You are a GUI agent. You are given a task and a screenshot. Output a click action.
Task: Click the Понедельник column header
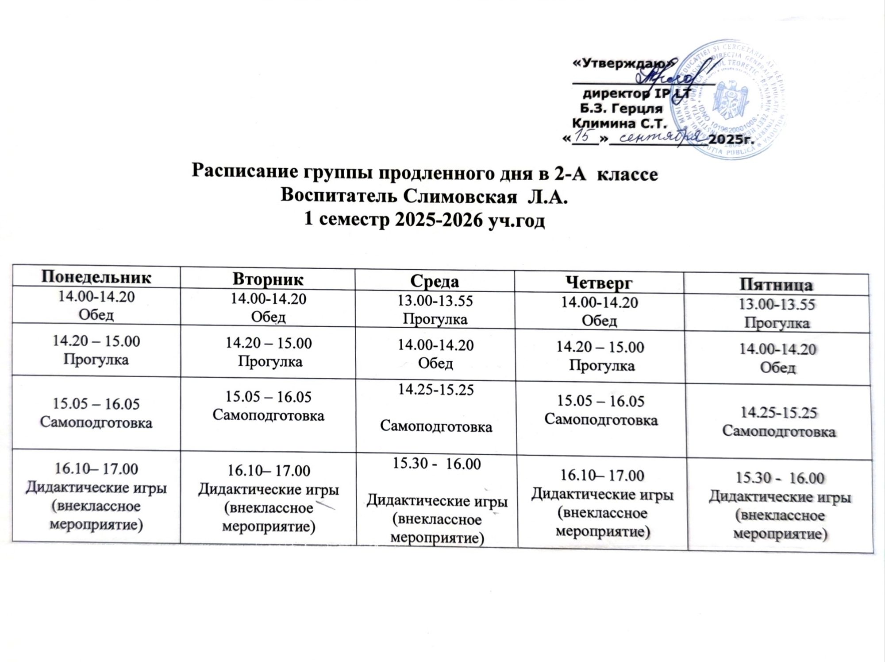point(96,277)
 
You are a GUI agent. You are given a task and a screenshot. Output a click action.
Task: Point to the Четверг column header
point(600,283)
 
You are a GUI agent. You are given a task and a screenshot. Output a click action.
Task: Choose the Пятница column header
point(777,285)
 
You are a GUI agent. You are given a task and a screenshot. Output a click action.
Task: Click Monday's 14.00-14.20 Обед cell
point(96,306)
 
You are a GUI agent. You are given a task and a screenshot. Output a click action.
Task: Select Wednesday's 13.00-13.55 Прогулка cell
point(435,310)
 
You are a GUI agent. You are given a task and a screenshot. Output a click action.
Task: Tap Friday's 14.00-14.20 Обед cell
point(777,358)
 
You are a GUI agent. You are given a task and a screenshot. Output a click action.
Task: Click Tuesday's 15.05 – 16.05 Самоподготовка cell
point(268,406)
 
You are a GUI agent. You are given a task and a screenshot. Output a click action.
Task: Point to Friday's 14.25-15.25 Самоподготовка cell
point(779,422)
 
